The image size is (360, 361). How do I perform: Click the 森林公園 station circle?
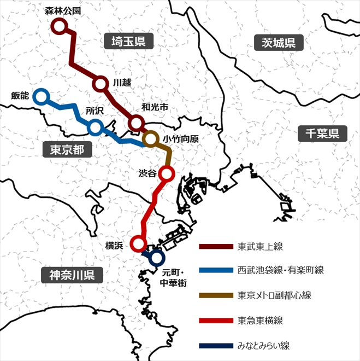58,26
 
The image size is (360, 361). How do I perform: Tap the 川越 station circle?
100,84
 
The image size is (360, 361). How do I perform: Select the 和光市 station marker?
136,123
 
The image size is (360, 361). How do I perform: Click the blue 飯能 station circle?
40,97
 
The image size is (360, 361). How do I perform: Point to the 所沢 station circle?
96,127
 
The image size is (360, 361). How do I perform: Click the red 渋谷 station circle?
167,174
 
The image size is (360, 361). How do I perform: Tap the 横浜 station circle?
139,244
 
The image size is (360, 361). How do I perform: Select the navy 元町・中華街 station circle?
157,257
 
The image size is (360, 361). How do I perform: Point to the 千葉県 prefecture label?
322,133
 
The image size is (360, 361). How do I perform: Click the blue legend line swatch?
215,270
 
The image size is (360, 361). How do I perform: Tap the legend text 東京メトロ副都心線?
274,295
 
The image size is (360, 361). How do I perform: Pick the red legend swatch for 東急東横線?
215,320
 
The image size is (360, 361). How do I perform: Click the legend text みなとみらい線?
263,345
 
